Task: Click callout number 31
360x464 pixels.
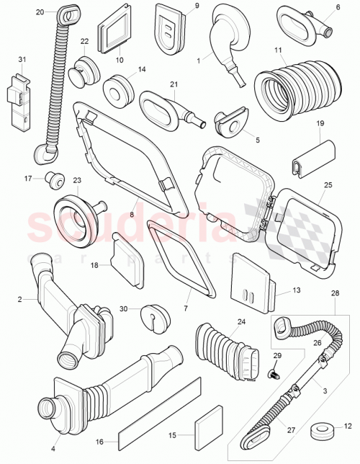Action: tap(22, 58)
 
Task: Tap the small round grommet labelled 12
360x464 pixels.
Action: tap(315, 432)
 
